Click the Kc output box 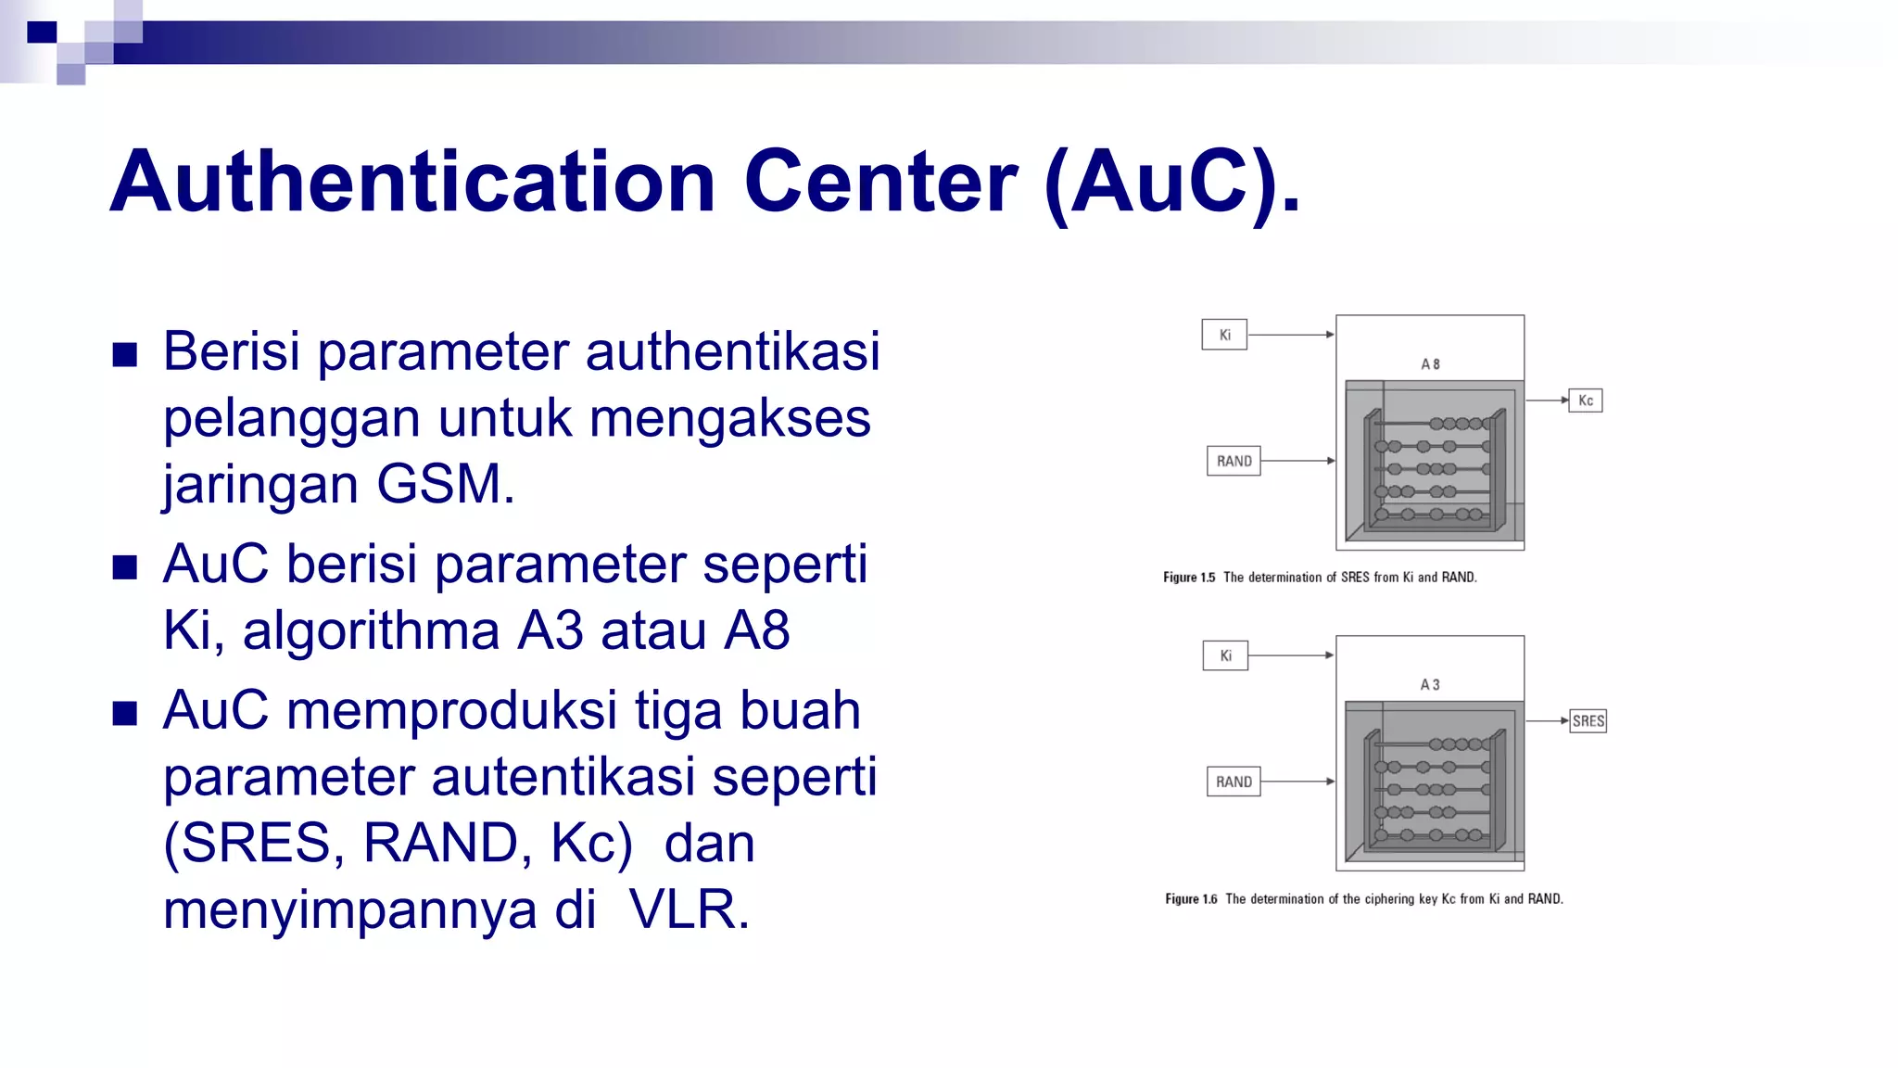coord(1585,400)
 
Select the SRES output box coord(1588,721)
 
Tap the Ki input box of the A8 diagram coord(1224,335)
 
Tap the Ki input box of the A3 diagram coord(1225,655)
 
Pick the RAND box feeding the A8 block coord(1234,461)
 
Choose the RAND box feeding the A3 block coord(1234,782)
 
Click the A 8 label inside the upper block coord(1430,364)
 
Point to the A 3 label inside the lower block coord(1430,685)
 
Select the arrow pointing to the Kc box coord(1546,400)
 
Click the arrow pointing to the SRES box coord(1547,720)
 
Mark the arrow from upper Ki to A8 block coord(1291,335)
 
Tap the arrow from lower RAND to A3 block coord(1297,782)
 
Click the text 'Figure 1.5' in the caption coord(1189,578)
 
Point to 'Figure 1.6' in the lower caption coord(1191,899)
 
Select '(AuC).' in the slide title coord(1172,183)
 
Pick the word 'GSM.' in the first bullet coord(446,484)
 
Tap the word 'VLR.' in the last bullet coord(689,909)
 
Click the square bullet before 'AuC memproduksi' coord(124,713)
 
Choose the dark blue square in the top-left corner coord(42,32)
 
